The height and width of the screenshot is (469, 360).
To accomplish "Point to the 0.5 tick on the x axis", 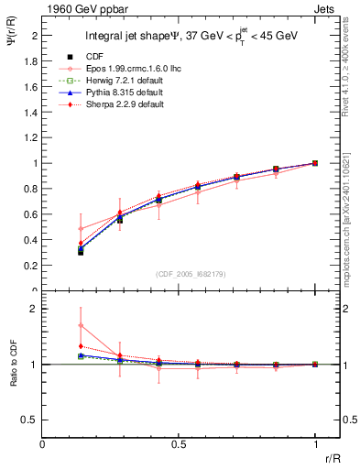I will [179, 444].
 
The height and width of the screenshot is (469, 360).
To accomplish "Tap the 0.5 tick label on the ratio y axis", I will [32, 420].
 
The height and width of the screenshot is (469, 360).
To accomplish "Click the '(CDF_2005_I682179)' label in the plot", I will [191, 272].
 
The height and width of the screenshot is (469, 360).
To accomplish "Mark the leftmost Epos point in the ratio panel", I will [81, 325].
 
